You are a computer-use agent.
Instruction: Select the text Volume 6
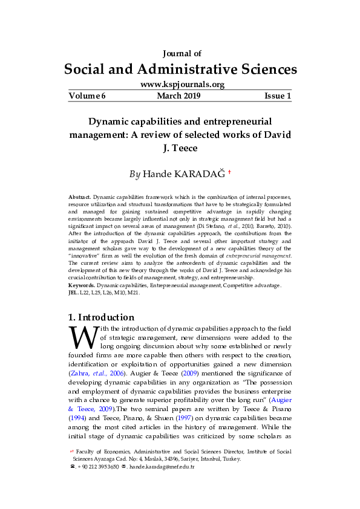pyautogui.click(x=87, y=96)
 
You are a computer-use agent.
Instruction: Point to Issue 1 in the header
pyautogui.click(x=277, y=96)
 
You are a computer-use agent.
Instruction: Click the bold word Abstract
pyautogui.click(x=79, y=198)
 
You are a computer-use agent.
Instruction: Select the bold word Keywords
pyautogui.click(x=82, y=285)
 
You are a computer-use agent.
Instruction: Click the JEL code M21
pyautogui.click(x=134, y=292)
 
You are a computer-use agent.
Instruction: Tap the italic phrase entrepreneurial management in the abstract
pyautogui.click(x=258, y=256)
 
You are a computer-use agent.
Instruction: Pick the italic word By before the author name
pyautogui.click(x=135, y=175)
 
